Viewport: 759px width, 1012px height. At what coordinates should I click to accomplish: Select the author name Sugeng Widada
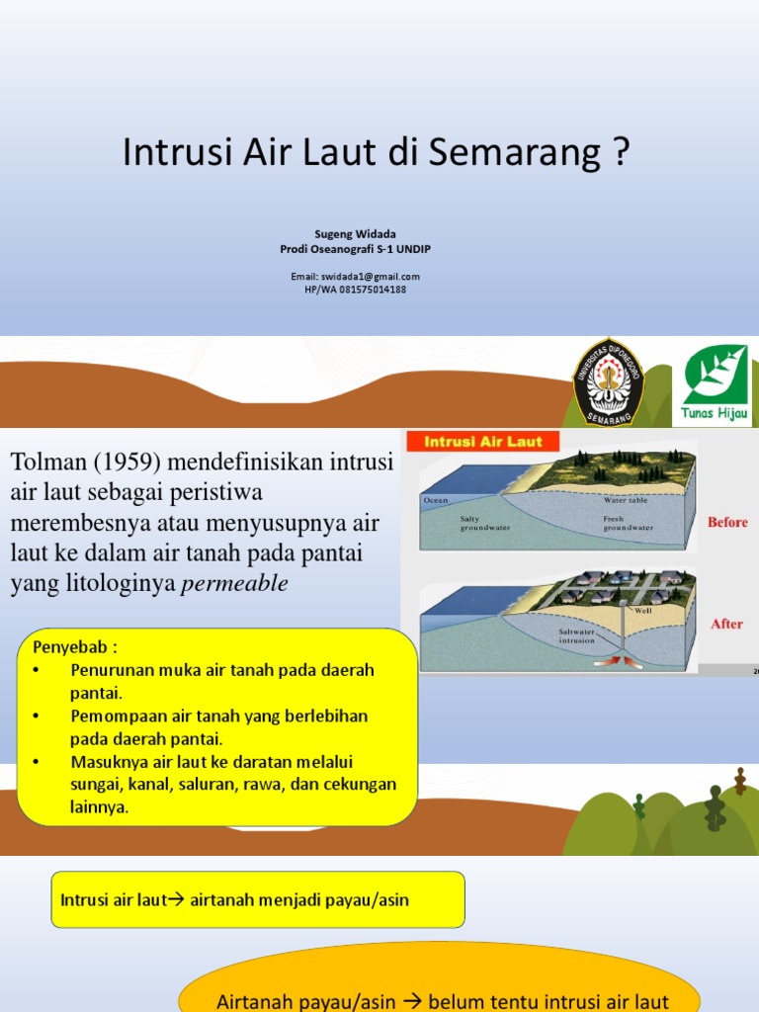pos(355,233)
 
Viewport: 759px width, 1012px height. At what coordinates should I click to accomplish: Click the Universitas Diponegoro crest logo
pos(609,381)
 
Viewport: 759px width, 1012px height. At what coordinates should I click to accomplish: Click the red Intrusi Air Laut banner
pos(478,442)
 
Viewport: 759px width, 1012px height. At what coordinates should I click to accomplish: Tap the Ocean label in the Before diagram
pos(436,501)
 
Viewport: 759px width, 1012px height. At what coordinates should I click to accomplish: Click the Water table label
pos(624,501)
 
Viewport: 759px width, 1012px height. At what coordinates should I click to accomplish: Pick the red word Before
pos(727,522)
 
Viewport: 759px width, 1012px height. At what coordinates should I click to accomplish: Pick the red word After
pos(726,624)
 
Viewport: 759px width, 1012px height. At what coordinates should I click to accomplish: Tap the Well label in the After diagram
pos(643,611)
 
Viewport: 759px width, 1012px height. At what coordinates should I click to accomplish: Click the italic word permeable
pos(234,583)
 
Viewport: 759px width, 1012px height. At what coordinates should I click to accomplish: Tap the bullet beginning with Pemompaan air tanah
pos(217,726)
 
